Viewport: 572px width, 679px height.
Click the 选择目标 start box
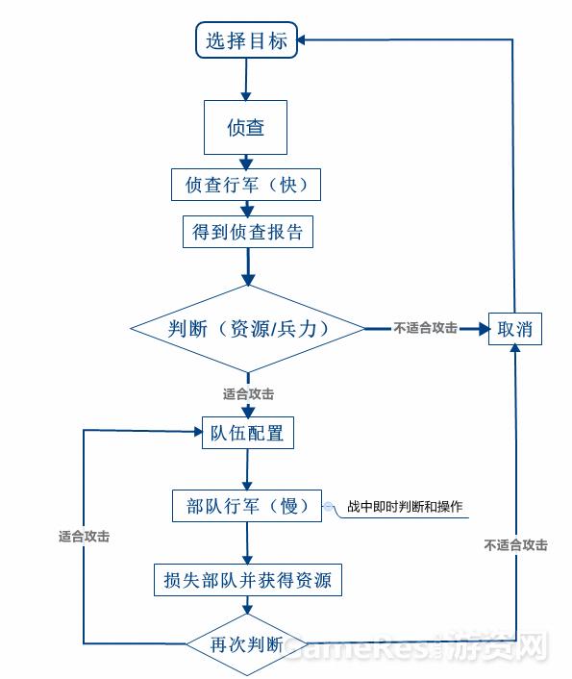click(246, 41)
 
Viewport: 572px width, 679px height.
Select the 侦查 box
click(245, 128)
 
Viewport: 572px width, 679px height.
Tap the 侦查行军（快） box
click(246, 185)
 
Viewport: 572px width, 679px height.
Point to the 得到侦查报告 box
click(247, 232)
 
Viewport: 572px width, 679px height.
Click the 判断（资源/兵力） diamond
click(248, 329)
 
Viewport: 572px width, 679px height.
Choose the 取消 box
click(515, 329)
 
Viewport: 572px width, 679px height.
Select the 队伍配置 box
click(247, 433)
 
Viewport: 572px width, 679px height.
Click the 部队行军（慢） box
click(246, 506)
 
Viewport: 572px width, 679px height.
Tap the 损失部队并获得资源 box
click(248, 581)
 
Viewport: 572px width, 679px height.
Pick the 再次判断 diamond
click(246, 643)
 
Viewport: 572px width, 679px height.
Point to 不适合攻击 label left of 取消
click(425, 328)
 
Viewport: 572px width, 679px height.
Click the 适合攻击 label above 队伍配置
click(248, 393)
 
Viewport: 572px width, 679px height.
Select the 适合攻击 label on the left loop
click(84, 537)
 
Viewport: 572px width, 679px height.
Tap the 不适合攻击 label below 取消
click(515, 545)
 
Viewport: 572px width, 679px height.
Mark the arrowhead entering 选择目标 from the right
click(304, 40)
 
